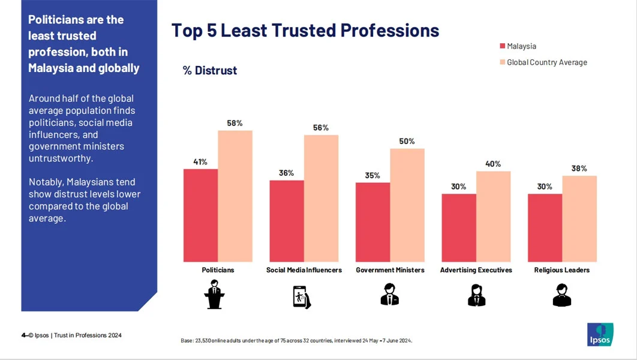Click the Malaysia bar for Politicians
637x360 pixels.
pyautogui.click(x=200, y=215)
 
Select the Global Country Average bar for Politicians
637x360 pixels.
pyautogui.click(x=235, y=196)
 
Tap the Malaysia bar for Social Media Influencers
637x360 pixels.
pyautogui.click(x=287, y=221)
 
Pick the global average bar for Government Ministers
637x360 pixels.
pyautogui.click(x=407, y=205)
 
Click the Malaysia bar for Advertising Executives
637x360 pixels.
pyautogui.click(x=459, y=227)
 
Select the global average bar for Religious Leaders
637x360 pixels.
pyautogui.click(x=579, y=218)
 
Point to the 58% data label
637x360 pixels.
pyautogui.click(x=235, y=123)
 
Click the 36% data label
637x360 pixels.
pyautogui.click(x=286, y=173)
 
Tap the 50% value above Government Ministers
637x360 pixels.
pyautogui.click(x=407, y=141)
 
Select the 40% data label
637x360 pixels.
pyautogui.click(x=493, y=164)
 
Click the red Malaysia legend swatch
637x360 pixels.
pyautogui.click(x=502, y=46)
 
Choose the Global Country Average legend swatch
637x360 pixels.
pyautogui.click(x=502, y=62)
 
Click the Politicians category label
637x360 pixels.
pyautogui.click(x=218, y=270)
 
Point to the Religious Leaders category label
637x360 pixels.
pyautogui.click(x=561, y=270)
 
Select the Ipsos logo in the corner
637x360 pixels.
pyautogui.click(x=600, y=334)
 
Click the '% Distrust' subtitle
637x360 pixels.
pyautogui.click(x=210, y=71)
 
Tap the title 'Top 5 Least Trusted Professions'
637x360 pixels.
pyautogui.click(x=305, y=30)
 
